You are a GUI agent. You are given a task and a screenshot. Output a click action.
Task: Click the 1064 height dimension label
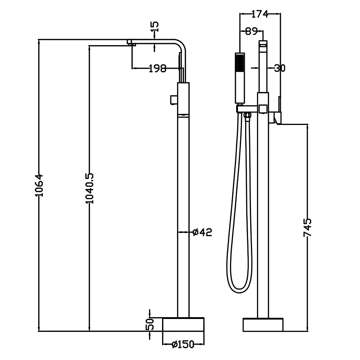point(40,185)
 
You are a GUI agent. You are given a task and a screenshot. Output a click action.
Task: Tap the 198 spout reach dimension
point(158,68)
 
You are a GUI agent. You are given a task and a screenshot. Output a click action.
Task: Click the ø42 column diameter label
point(202,232)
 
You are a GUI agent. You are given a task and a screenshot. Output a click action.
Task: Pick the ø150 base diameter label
point(183,345)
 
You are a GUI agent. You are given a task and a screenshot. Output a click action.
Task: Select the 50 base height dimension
point(150,324)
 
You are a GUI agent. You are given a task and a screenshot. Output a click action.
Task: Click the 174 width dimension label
point(260,14)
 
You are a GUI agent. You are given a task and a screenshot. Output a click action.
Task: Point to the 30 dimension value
point(279,67)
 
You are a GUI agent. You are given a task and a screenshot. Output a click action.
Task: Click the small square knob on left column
point(173,99)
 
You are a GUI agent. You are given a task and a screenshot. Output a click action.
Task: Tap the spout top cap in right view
point(263,44)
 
